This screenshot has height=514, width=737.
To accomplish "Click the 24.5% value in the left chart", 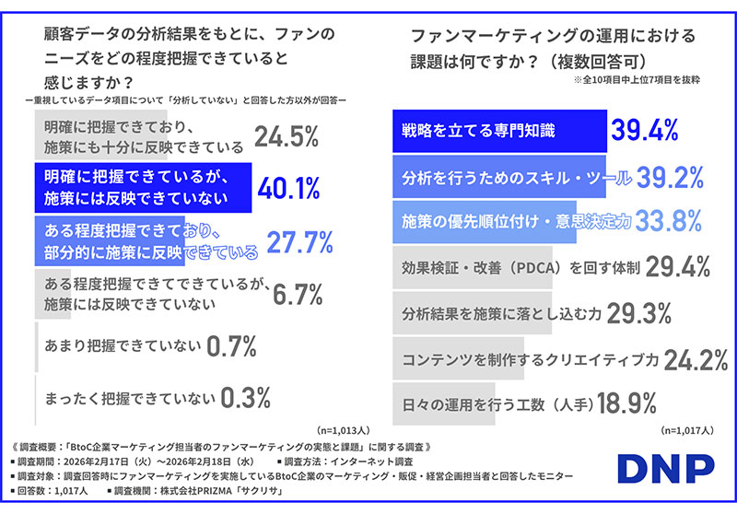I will pos(287,137).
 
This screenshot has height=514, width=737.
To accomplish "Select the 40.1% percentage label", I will pos(288,188).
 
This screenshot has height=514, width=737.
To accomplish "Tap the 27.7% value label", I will pos(299,240).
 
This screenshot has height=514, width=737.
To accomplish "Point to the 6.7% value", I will pos(298,293).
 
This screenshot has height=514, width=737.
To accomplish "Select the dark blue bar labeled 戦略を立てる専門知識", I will pos(498,131).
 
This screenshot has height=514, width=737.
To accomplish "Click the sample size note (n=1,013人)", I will pos(341,429).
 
